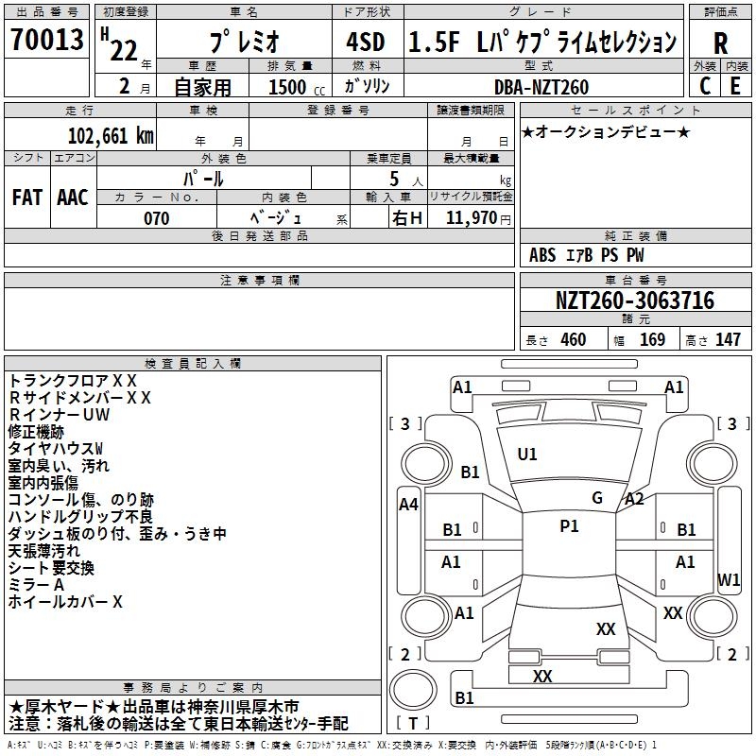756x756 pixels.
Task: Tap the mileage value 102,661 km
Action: pos(111,136)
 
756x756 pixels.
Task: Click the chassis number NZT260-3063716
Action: pos(634,301)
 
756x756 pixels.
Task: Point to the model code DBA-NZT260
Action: pos(541,87)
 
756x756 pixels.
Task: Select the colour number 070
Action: pos(156,218)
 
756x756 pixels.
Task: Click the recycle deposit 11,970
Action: pos(472,218)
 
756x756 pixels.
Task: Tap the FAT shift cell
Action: pos(27,198)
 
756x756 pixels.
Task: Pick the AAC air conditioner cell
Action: pos(73,198)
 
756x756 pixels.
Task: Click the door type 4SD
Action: pos(364,43)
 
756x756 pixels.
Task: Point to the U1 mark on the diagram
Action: pos(527,454)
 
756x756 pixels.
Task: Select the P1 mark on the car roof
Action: pos(569,526)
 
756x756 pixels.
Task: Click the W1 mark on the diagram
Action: pos(729,578)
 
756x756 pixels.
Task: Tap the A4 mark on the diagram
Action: pos(408,505)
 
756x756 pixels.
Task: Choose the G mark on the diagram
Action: pos(597,497)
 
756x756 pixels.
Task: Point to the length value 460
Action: pos(573,340)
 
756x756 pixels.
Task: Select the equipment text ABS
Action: pos(542,255)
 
